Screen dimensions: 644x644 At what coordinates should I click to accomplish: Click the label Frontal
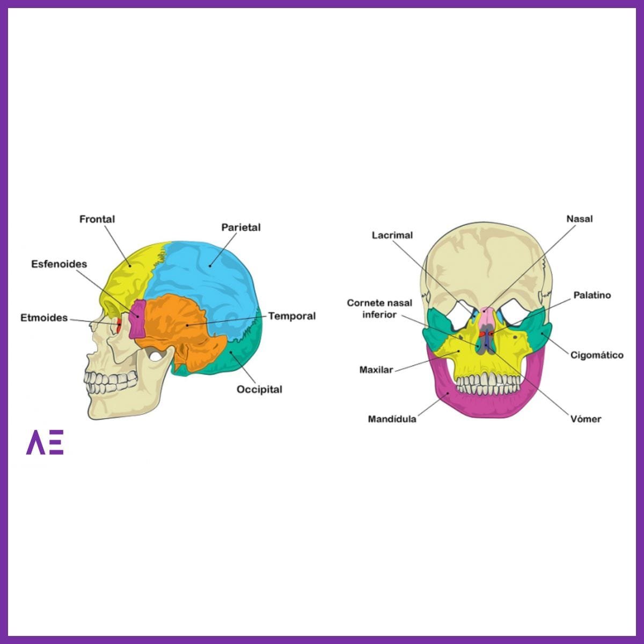pyautogui.click(x=97, y=219)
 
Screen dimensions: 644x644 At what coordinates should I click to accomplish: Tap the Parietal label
pyautogui.click(x=241, y=228)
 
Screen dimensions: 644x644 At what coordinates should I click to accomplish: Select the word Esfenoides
pyautogui.click(x=59, y=264)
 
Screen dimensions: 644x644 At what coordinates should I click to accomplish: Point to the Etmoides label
pyautogui.click(x=44, y=318)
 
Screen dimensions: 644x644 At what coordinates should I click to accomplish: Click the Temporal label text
pyautogui.click(x=292, y=316)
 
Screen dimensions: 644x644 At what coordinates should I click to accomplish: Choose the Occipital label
pyautogui.click(x=259, y=389)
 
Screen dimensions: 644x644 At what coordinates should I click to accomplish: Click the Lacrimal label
pyautogui.click(x=392, y=235)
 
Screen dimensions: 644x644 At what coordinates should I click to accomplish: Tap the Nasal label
pyautogui.click(x=580, y=219)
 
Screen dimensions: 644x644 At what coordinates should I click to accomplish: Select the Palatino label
pyautogui.click(x=592, y=295)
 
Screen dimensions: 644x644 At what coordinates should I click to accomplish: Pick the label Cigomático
pyautogui.click(x=597, y=355)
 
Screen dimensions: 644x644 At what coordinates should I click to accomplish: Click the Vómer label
pyautogui.click(x=586, y=419)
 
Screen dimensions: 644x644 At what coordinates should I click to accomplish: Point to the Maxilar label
pyautogui.click(x=376, y=370)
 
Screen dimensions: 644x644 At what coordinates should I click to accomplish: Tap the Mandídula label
pyautogui.click(x=392, y=419)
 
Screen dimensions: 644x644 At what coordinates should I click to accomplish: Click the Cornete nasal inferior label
pyautogui.click(x=379, y=309)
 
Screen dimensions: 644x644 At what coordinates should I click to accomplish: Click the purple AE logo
pyautogui.click(x=45, y=442)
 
